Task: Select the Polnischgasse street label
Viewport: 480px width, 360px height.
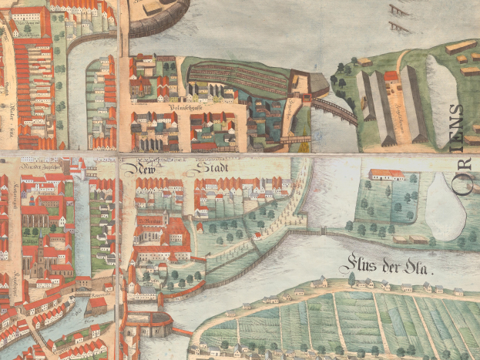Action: pos(185,118)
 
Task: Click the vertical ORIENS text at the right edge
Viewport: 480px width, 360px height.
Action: pos(460,147)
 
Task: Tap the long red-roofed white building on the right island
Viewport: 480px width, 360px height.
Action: pos(387,175)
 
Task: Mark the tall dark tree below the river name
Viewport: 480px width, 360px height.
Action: pos(351,279)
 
